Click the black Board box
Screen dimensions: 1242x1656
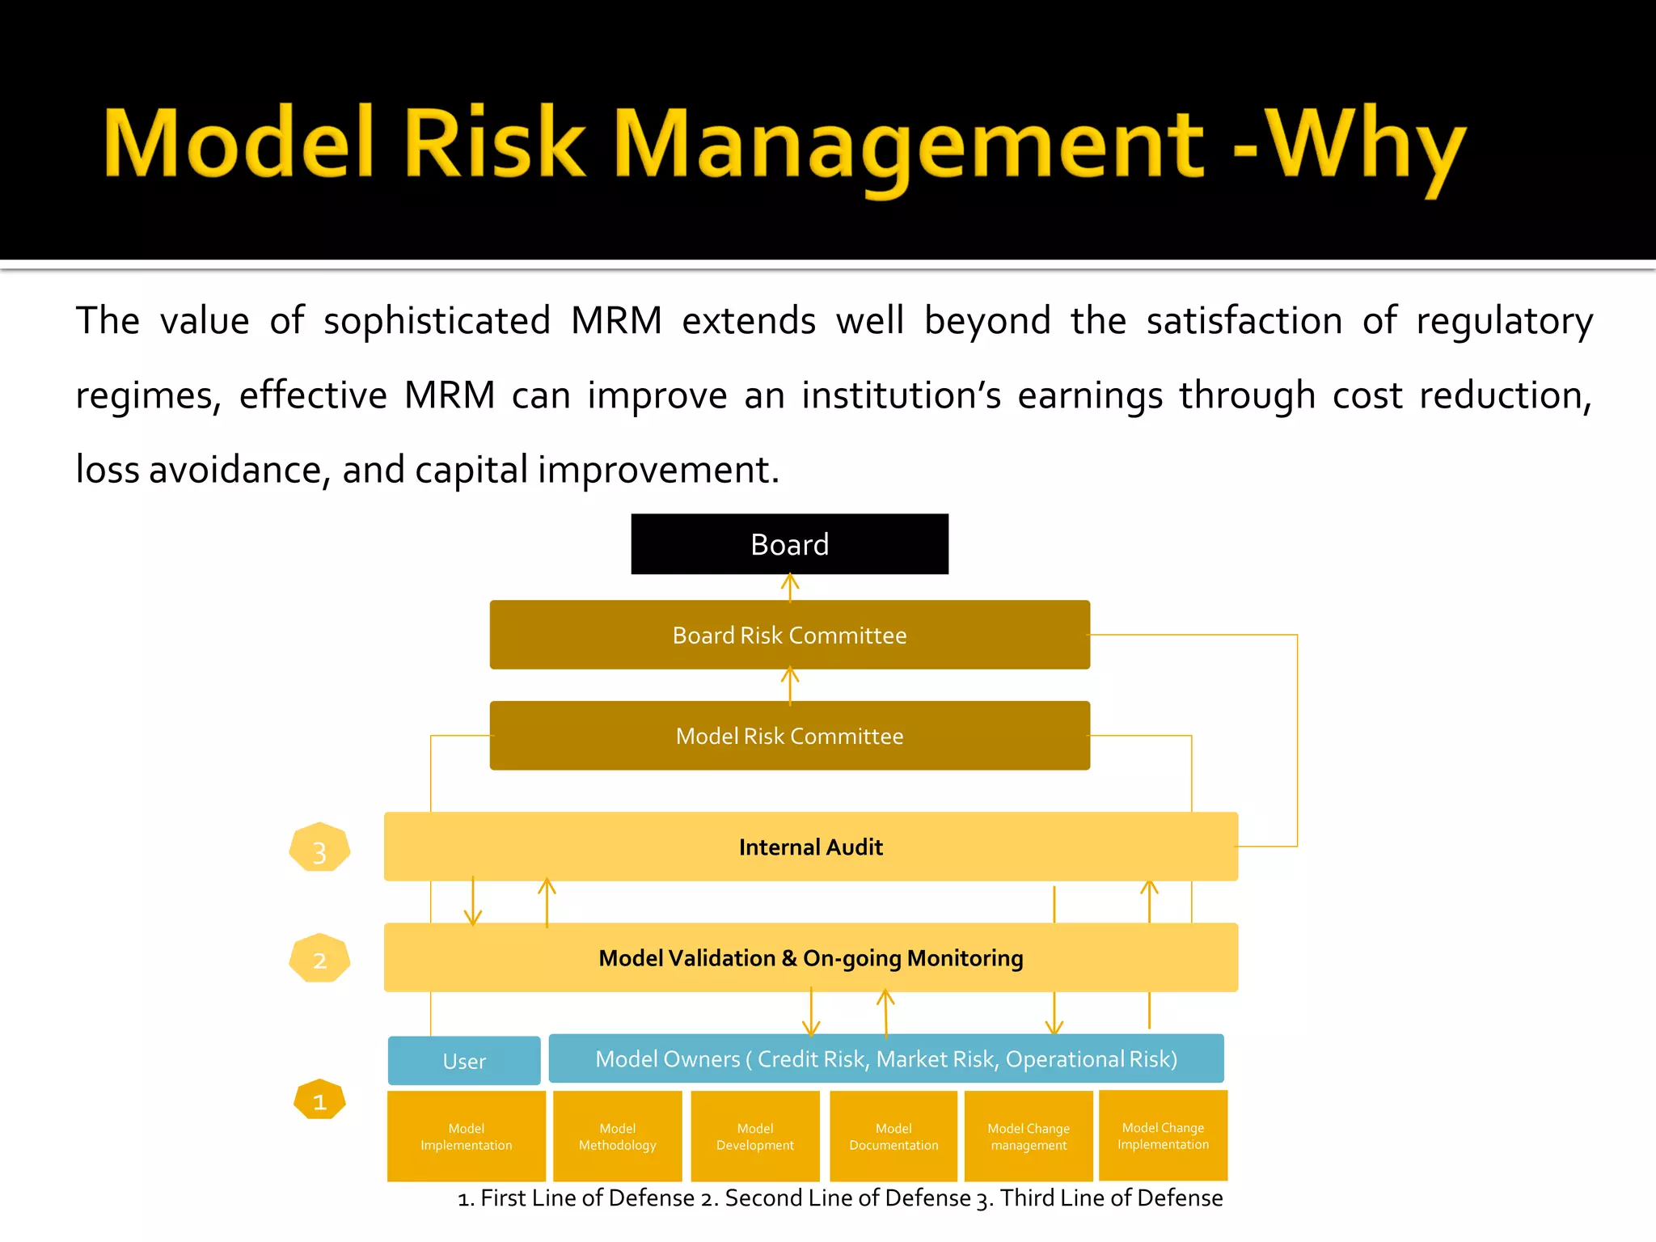click(789, 544)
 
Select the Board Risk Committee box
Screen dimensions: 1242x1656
click(789, 635)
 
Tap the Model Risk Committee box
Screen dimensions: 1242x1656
click(789, 736)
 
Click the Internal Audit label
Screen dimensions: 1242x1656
click(810, 847)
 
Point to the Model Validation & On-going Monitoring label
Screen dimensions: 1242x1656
click(810, 958)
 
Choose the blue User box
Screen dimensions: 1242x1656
click(464, 1061)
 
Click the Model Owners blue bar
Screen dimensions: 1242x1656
click(885, 1059)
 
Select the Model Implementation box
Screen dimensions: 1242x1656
click(466, 1136)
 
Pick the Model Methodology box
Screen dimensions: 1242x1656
click(617, 1136)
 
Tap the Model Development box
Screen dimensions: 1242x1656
click(755, 1136)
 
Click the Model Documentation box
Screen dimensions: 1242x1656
click(893, 1136)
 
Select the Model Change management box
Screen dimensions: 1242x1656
click(1029, 1136)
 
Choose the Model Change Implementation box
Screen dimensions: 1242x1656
click(1163, 1135)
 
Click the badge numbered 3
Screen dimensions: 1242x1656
click(319, 848)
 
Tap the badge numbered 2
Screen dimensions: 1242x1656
click(319, 959)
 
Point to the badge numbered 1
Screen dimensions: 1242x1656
click(319, 1100)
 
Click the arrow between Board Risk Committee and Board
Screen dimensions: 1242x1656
click(790, 587)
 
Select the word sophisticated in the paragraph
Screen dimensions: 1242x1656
click(437, 321)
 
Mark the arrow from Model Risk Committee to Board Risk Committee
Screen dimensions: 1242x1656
click(790, 685)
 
